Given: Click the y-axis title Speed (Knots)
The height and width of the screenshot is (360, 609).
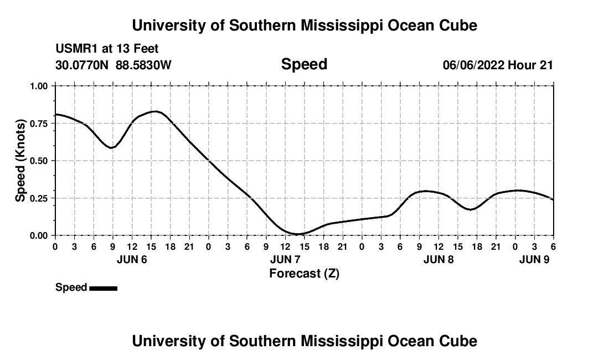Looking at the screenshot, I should pos(20,161).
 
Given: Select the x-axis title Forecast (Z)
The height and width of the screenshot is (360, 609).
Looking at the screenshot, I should pos(304,274).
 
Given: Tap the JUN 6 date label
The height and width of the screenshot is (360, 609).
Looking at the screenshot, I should pos(132,259).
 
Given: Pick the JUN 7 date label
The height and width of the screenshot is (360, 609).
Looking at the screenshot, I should pos(285,259).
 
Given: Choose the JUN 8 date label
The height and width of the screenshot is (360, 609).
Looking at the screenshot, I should pos(438,259).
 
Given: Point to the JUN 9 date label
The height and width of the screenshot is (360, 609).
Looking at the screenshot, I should pos(534,259).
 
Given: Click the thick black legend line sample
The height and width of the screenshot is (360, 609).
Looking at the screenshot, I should pos(104,288).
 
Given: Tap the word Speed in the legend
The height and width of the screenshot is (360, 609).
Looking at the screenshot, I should pos(71,287).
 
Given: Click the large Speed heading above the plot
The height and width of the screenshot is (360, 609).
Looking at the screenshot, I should pos(304,64).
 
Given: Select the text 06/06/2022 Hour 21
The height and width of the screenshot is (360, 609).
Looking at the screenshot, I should pos(498,65).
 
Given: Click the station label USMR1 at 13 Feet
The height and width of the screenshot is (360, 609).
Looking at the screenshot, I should pos(107,49).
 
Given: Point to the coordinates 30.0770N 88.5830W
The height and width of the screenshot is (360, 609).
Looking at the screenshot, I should pos(113,65).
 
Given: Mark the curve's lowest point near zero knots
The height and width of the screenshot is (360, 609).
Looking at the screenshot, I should pos(297,234).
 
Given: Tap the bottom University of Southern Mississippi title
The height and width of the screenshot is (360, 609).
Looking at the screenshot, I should pos(304,341).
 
